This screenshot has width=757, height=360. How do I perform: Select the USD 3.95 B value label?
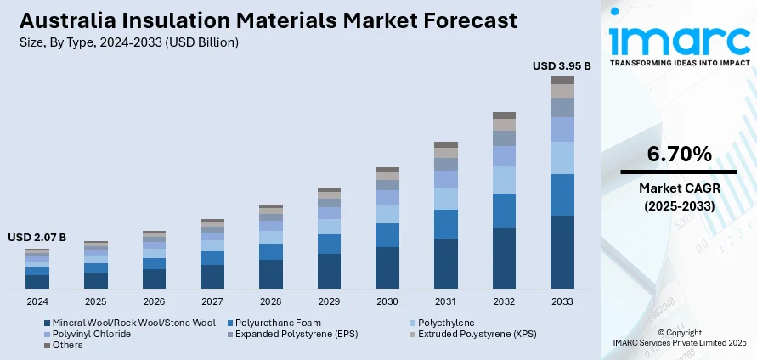562,65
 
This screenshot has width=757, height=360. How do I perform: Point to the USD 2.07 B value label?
37,237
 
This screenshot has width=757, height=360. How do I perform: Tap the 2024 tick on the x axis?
37,301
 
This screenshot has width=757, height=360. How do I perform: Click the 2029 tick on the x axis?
329,301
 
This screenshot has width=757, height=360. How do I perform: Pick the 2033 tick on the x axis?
562,301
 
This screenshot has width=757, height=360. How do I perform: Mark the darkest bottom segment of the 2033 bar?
562,252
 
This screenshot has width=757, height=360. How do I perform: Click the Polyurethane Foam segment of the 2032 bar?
504,211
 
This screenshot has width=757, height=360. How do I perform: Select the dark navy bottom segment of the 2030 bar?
387,267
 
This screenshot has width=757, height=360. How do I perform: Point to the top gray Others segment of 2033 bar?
562,80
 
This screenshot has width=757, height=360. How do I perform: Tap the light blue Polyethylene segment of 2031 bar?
446,199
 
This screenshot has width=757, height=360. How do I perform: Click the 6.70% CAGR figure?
679,154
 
